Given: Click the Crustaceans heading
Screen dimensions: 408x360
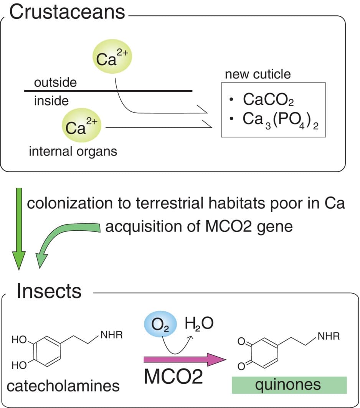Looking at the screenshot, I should coord(67,12).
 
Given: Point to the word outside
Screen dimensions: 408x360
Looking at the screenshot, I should coord(55,82).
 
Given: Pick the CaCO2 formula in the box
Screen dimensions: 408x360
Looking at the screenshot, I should coord(268,99).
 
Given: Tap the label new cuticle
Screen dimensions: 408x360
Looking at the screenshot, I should coord(258,74).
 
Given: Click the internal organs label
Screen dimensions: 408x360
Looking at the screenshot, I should coord(73,151).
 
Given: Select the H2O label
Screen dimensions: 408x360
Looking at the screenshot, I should coord(198,324).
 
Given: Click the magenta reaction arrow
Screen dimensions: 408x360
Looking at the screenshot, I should coord(184,360).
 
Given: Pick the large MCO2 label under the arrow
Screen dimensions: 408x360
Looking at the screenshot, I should coord(173,377).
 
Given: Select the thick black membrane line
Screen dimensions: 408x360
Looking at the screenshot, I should coord(108,91).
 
